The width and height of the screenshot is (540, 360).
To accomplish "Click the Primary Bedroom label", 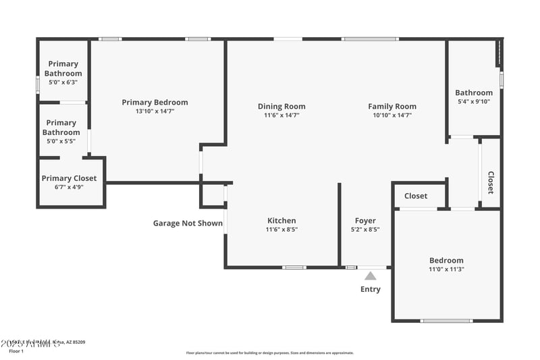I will point(155,103).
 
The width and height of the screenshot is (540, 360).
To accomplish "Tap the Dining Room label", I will point(281,106).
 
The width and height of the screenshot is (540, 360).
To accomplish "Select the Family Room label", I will point(392,106).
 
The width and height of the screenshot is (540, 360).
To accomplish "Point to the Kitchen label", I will point(281,221).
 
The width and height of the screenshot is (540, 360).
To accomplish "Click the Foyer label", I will point(365,221).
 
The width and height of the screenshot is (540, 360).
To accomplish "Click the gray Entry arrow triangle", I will point(370,276).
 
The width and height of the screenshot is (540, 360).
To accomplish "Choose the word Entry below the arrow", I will point(370,289).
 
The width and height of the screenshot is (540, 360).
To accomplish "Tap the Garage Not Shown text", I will point(188,223).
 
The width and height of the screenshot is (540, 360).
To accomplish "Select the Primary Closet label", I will point(69,178).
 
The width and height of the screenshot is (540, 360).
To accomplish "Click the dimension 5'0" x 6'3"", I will point(63,82).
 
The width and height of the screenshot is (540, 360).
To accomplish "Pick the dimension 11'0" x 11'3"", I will point(446,269).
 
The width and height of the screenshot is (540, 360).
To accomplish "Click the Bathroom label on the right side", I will point(473,93).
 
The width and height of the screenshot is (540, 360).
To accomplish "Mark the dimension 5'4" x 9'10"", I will point(473,102).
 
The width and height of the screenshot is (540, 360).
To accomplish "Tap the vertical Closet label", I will point(491,181).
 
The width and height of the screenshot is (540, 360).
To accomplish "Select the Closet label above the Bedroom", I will point(416,196).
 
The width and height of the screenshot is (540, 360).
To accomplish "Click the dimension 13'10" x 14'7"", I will point(155,111).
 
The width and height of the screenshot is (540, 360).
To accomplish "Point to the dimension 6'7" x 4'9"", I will point(69,187).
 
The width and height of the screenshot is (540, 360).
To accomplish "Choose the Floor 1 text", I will point(16,351).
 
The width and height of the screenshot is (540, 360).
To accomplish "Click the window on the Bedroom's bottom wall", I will point(446,320).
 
